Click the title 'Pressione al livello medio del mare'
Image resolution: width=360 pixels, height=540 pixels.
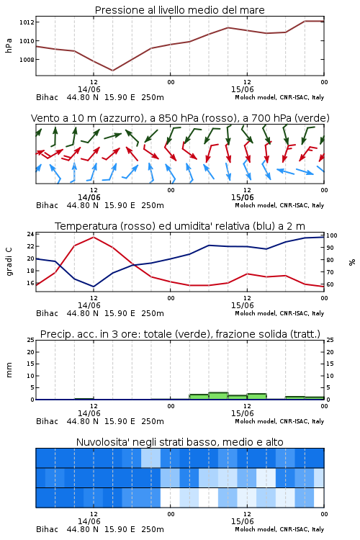[x=179, y=10]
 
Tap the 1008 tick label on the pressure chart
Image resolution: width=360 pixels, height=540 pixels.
[x=27, y=60]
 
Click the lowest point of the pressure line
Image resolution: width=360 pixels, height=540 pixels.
[x=112, y=71]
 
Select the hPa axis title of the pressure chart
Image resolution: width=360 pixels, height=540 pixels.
[x=9, y=45]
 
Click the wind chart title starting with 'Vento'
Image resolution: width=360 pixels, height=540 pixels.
[x=180, y=118]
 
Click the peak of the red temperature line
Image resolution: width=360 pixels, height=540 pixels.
[x=94, y=237]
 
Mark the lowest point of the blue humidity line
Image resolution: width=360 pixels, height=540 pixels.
[x=94, y=287]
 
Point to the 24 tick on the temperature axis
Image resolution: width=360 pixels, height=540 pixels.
[x=30, y=234]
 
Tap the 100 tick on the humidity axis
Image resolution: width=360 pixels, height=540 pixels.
[x=332, y=235]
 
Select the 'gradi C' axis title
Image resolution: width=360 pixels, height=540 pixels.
[x=9, y=262]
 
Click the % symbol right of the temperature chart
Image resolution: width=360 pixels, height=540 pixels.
[x=352, y=262]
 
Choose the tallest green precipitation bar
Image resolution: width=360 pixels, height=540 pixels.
[x=218, y=396]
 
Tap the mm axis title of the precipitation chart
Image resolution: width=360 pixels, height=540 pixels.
[x=9, y=370]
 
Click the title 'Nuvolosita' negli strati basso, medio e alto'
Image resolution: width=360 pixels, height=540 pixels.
[x=179, y=442]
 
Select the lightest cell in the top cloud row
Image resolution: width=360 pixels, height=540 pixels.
[x=150, y=458]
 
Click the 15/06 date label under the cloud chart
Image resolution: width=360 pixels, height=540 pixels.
[x=242, y=521]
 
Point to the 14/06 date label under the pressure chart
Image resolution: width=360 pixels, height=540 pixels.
[x=89, y=89]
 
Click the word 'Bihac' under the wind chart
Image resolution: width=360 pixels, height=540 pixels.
[x=48, y=205]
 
